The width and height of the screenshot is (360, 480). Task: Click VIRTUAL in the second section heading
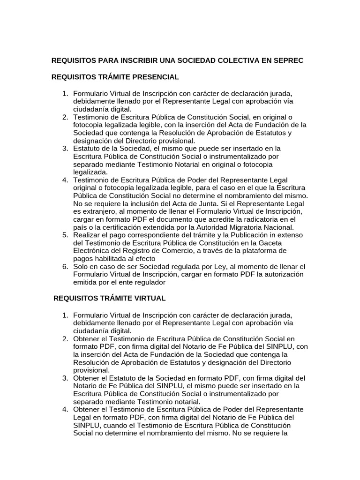click(x=149, y=298)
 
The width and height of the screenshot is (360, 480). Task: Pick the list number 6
click(x=66, y=266)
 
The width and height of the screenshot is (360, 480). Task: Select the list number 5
click(x=66, y=234)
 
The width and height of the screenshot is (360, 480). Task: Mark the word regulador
click(x=148, y=282)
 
